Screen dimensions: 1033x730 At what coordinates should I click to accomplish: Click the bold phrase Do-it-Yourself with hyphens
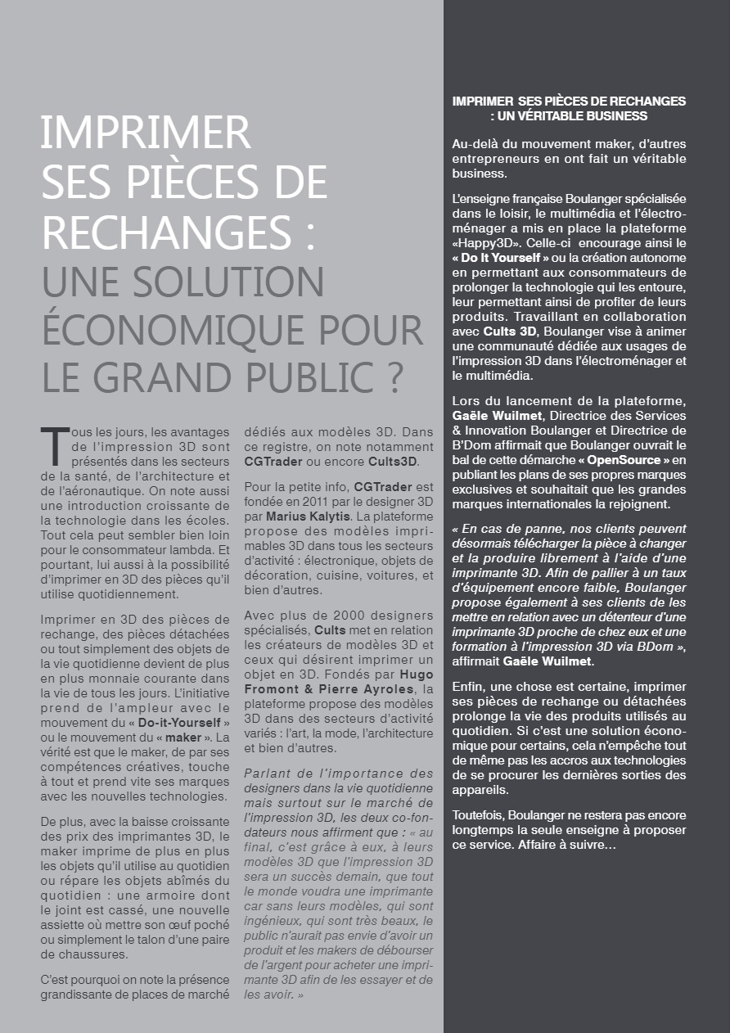pyautogui.click(x=178, y=723)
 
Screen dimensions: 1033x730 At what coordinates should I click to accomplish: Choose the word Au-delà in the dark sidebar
pyautogui.click(x=474, y=144)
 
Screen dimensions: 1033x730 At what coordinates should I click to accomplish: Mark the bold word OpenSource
pyautogui.click(x=624, y=460)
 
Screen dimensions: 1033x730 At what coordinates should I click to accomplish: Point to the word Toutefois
pyautogui.click(x=478, y=815)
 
